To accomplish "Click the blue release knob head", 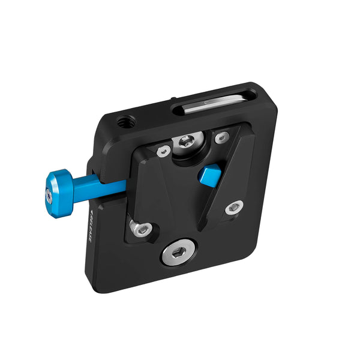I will (x=59, y=188).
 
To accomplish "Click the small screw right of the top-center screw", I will (x=221, y=137).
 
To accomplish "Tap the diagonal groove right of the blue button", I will (x=229, y=174).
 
